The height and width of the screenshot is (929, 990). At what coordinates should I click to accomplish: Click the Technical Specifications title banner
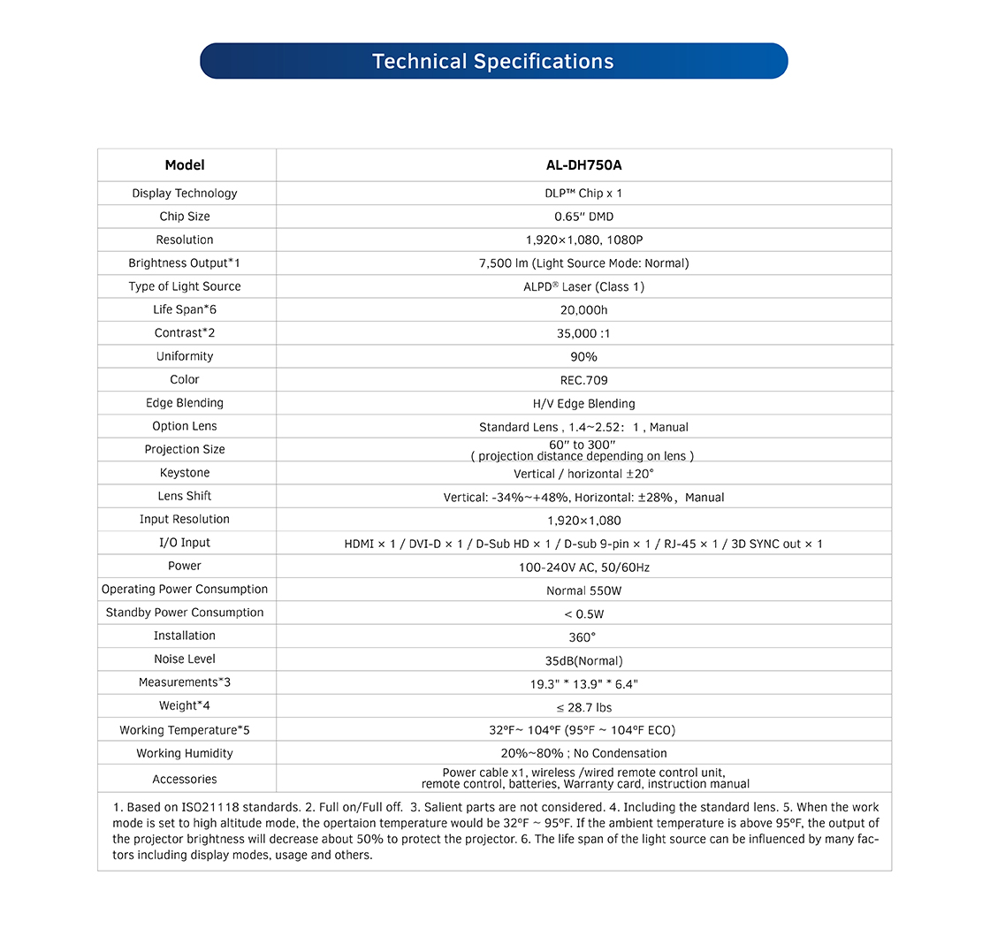[x=493, y=61]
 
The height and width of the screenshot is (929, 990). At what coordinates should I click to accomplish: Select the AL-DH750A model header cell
[x=583, y=165]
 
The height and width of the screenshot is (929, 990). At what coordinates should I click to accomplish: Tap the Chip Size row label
[x=185, y=217]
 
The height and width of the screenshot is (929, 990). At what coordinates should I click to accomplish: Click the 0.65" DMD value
[x=583, y=217]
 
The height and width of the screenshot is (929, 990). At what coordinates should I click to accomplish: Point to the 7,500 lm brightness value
[x=583, y=263]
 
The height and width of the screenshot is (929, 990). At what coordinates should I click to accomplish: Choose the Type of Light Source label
[x=185, y=286]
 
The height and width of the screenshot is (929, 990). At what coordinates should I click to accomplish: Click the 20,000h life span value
[x=583, y=310]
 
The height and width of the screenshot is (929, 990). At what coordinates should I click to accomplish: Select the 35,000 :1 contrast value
[x=583, y=333]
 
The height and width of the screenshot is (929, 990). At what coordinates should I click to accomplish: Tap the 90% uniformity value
[x=583, y=357]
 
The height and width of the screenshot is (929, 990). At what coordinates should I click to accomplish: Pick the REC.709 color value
[x=583, y=380]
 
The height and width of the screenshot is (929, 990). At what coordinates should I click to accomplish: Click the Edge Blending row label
[x=185, y=403]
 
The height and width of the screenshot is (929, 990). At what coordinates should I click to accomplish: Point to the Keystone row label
[x=185, y=473]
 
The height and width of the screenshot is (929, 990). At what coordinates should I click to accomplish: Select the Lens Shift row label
[x=185, y=496]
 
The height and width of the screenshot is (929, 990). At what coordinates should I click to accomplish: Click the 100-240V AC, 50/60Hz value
[x=583, y=567]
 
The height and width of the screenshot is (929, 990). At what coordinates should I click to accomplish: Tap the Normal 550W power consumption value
[x=583, y=590]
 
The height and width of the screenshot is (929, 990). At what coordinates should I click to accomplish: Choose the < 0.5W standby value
[x=583, y=613]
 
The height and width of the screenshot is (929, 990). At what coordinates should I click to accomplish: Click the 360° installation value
[x=583, y=636]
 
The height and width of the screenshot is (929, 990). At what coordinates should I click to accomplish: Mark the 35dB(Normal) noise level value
[x=583, y=661]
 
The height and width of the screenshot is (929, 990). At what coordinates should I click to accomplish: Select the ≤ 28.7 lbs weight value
[x=583, y=707]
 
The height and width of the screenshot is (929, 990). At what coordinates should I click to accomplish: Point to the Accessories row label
[x=185, y=780]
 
